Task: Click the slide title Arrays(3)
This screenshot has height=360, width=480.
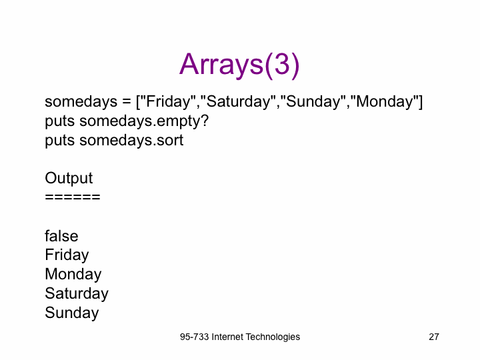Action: click(x=239, y=65)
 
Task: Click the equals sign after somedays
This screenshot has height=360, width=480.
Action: click(x=127, y=102)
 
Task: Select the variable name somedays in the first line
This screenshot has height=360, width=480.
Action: click(x=81, y=101)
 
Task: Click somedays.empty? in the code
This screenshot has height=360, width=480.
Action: click(x=144, y=121)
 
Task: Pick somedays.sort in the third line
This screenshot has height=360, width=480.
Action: click(x=131, y=141)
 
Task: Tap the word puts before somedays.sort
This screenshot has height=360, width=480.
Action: click(x=60, y=141)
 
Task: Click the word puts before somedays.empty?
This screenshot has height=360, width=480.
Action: click(x=60, y=122)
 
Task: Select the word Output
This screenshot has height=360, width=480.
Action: click(x=69, y=179)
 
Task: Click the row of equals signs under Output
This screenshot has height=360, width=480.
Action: click(x=73, y=197)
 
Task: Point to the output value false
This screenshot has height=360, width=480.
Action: click(x=61, y=236)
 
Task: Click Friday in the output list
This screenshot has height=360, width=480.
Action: click(x=67, y=255)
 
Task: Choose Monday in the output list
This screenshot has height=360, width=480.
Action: click(x=73, y=275)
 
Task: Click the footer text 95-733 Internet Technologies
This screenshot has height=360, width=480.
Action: click(x=240, y=337)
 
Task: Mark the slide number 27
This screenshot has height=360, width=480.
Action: click(x=434, y=337)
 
